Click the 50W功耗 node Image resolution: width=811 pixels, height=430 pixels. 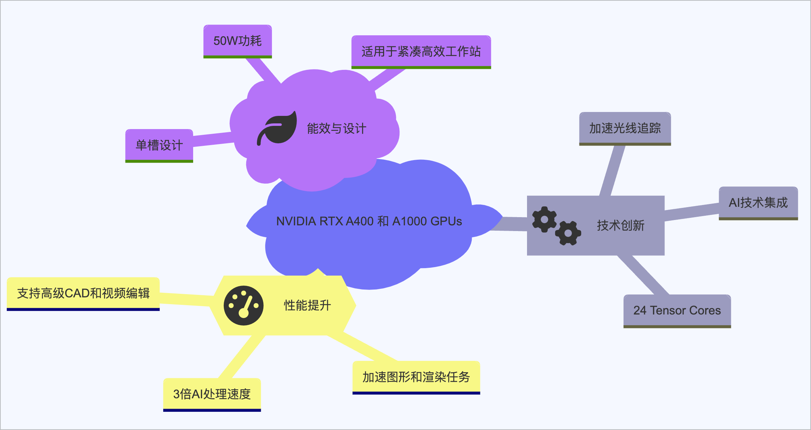(238, 41)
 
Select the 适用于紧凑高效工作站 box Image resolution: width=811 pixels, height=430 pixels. (421, 52)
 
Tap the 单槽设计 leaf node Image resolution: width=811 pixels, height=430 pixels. (159, 145)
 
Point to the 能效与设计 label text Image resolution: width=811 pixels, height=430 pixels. (336, 129)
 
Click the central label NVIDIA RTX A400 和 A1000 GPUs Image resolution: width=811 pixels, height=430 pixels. (369, 221)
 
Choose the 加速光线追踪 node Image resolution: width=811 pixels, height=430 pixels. (625, 128)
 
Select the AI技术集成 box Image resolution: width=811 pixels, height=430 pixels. (758, 203)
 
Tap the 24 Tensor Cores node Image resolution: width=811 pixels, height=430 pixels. (677, 311)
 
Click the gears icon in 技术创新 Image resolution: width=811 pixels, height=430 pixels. (556, 226)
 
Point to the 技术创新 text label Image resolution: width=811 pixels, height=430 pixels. (621, 226)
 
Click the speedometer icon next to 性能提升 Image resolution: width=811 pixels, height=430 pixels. (244, 306)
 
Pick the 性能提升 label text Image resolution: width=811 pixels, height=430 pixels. (307, 306)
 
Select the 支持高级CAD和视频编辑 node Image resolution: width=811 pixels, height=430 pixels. (83, 293)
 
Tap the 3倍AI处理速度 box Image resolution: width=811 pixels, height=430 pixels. (212, 394)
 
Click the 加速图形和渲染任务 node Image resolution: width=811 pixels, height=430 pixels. (416, 377)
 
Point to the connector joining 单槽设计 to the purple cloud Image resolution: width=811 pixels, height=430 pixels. (213, 139)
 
